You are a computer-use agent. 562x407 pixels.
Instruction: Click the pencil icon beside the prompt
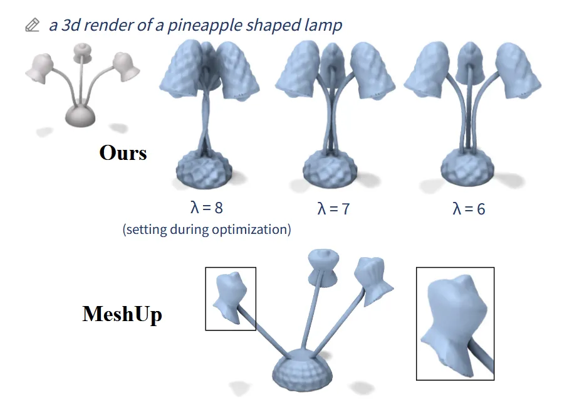tap(32, 26)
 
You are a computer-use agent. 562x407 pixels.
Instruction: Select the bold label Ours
tap(123, 152)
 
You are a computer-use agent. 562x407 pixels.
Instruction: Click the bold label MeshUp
tap(122, 313)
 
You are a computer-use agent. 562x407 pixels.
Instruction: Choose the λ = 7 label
tap(333, 208)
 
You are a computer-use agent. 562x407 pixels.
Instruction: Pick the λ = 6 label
tap(469, 208)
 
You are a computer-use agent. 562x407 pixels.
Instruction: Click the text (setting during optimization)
tap(207, 230)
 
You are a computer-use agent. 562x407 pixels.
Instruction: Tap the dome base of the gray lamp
tap(80, 115)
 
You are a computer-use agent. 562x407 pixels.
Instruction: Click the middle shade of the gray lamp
tap(81, 52)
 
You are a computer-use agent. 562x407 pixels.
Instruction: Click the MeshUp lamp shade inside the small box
tap(229, 297)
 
